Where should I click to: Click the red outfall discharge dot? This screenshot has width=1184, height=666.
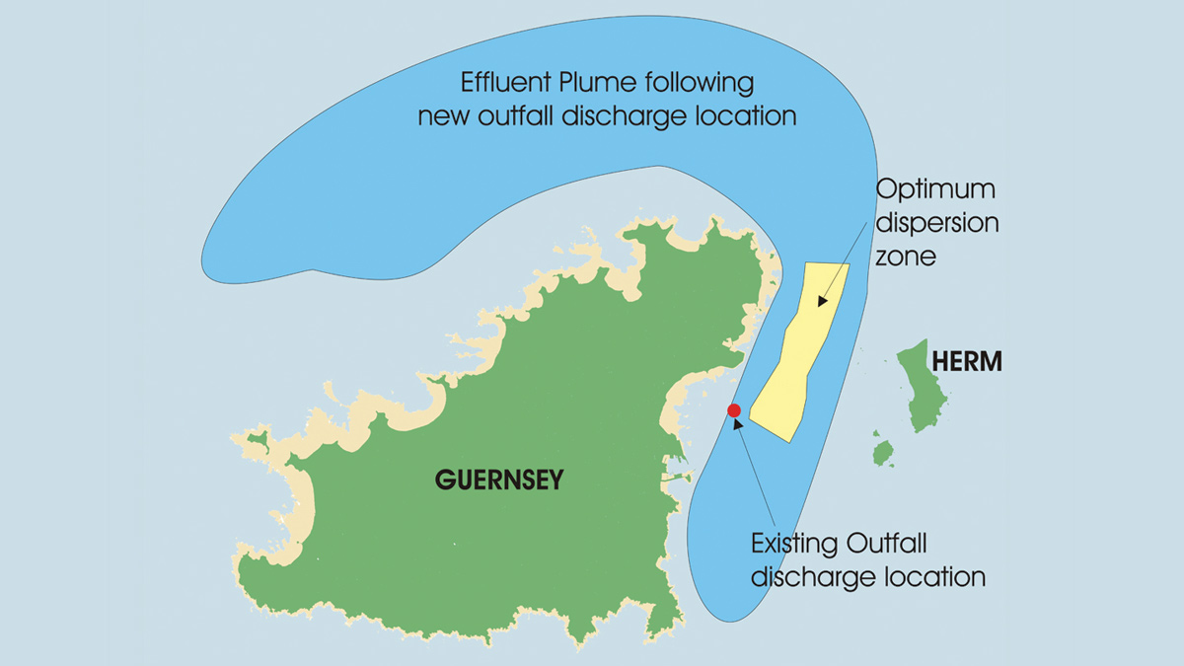pos(733,410)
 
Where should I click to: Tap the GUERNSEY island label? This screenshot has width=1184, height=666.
pos(498,481)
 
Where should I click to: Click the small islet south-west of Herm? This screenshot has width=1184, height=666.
pos(883,453)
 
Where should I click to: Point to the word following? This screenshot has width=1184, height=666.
pos(704,83)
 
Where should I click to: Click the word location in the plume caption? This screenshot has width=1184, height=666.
pos(747,115)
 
